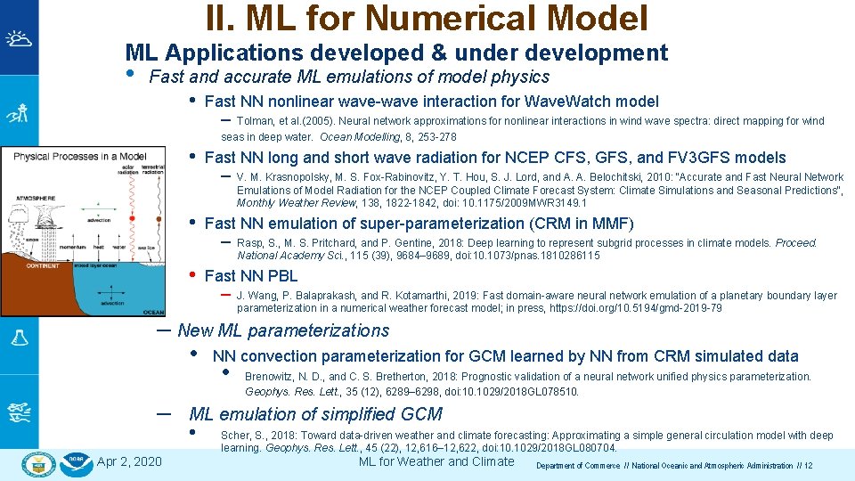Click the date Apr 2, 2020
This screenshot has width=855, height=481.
tap(129, 461)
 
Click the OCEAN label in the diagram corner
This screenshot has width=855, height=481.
tap(152, 312)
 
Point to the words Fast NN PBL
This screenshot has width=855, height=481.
tap(251, 276)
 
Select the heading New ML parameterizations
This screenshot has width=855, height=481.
tap(283, 330)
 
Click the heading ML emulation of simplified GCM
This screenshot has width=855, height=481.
tap(315, 414)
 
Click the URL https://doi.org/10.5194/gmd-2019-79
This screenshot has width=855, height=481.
tap(628, 308)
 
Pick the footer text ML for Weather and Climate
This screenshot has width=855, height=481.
tap(436, 461)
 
